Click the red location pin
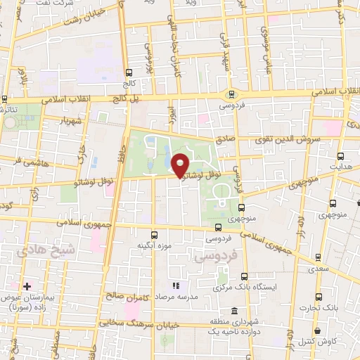point(181,164)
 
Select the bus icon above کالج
point(128,72)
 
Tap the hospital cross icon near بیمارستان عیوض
point(27,286)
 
